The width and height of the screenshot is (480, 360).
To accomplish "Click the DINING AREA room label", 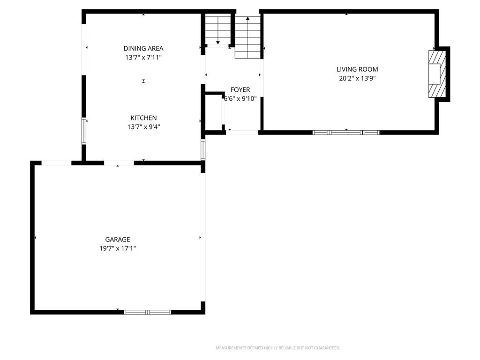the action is [143, 48].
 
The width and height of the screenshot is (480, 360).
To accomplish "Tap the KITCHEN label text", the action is [143, 118].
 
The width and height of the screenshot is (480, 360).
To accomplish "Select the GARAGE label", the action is [118, 240].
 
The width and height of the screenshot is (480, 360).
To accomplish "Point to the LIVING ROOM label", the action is [357, 69].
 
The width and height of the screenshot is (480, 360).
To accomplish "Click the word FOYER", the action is [240, 90].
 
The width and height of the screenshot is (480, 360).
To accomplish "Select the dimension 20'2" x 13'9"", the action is [357, 78].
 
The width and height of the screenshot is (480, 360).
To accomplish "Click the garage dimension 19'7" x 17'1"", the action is [118, 248].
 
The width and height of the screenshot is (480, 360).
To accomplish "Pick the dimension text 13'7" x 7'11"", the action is [143, 57].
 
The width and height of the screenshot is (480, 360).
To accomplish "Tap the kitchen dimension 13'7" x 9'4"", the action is [143, 127].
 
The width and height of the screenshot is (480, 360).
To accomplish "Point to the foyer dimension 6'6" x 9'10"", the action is [240, 98].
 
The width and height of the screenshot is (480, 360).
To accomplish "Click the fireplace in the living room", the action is [437, 74].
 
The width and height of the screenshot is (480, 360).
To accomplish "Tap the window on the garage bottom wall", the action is [147, 312].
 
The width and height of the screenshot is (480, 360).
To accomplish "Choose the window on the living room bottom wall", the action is [346, 133].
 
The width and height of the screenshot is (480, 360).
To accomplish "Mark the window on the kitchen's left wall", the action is [84, 131].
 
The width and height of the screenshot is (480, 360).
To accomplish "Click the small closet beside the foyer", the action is [213, 112].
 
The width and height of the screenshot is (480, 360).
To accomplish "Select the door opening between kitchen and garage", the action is [119, 163].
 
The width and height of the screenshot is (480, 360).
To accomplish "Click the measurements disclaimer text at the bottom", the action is [278, 348].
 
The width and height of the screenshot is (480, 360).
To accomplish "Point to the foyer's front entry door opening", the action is [242, 133].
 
